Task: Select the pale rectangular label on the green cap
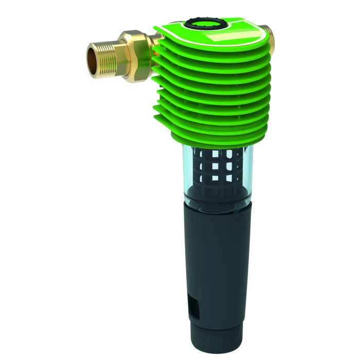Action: tap(226, 38)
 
